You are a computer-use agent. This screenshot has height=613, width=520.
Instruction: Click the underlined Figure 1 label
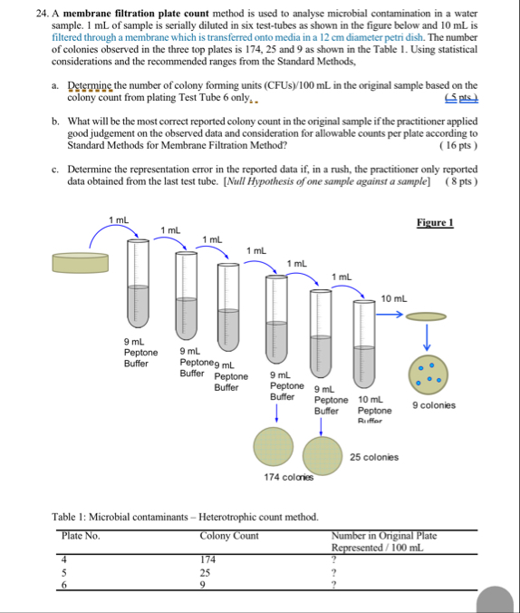(436, 223)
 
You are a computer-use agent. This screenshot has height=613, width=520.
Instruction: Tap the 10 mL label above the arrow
(394, 298)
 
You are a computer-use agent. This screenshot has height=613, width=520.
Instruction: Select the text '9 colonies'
(434, 405)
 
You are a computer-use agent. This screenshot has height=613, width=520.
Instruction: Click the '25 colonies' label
(374, 457)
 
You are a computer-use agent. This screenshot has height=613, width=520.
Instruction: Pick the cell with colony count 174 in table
(209, 559)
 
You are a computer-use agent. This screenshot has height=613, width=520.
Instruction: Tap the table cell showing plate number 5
(64, 573)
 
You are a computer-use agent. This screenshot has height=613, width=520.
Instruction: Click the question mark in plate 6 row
(334, 586)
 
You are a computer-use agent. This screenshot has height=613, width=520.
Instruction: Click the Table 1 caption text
(185, 516)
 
